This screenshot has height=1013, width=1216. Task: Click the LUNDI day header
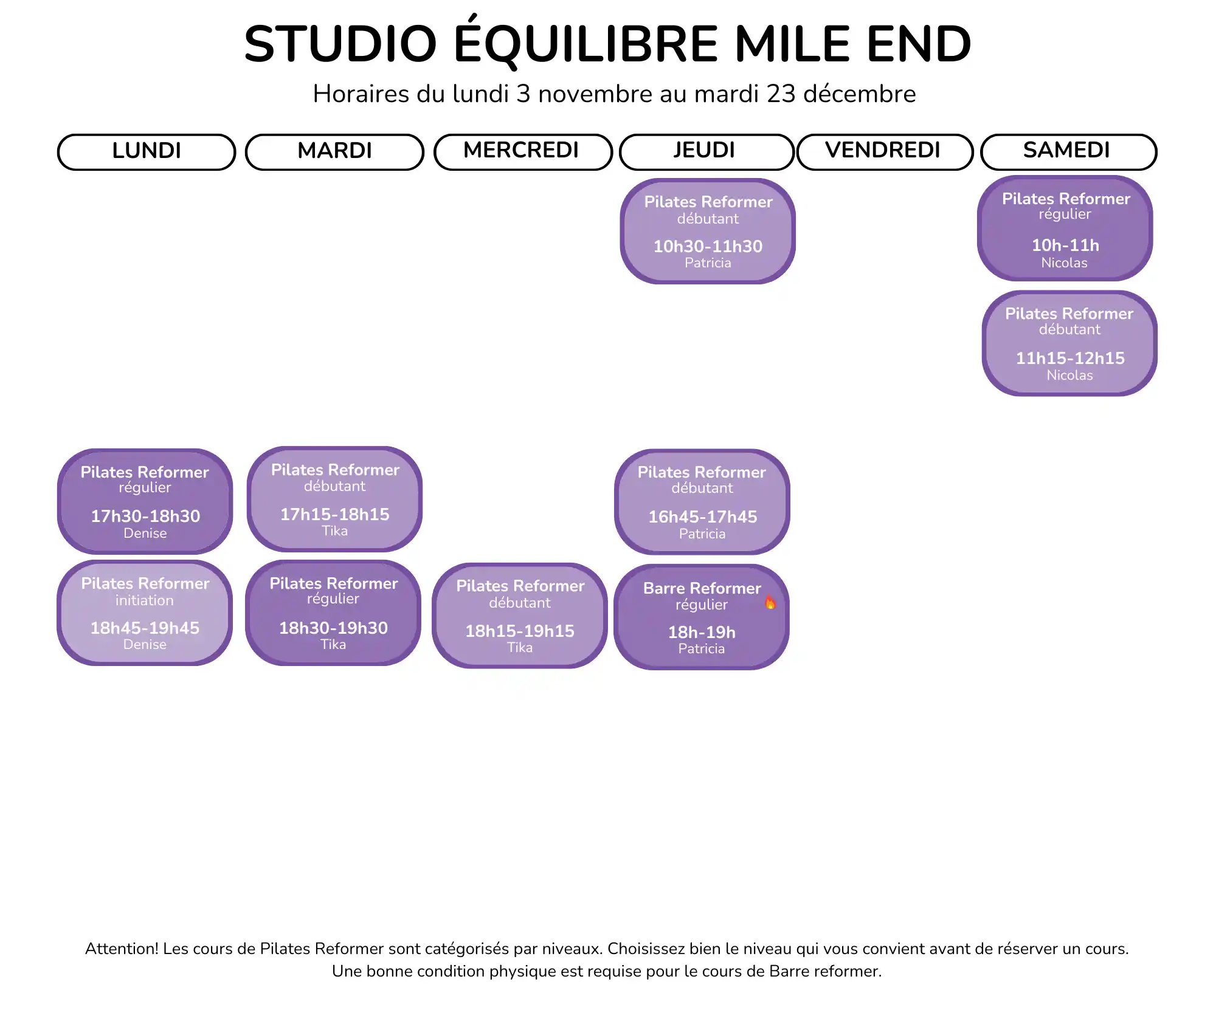147,152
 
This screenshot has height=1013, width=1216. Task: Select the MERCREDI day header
523,152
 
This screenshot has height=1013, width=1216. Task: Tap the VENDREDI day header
885,152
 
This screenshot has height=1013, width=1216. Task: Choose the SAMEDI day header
1068,152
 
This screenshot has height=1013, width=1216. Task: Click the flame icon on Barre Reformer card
770,602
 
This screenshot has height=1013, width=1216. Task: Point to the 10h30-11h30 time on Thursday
708,246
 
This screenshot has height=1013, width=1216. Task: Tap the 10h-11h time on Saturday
1065,245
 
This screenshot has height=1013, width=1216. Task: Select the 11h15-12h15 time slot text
1070,358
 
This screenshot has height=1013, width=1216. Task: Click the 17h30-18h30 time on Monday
145,516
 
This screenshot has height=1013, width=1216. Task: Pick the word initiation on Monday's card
145,600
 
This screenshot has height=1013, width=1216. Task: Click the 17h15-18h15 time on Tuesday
335,514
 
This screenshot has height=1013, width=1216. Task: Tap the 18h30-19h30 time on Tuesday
333,628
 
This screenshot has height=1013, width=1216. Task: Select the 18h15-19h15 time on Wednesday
520,631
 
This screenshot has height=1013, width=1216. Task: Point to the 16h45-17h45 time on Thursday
703,517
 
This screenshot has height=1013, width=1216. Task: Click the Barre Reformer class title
702,588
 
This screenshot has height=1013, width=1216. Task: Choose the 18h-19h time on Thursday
702,632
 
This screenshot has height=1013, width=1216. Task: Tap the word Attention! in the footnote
122,949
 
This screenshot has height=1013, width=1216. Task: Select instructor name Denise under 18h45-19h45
145,644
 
